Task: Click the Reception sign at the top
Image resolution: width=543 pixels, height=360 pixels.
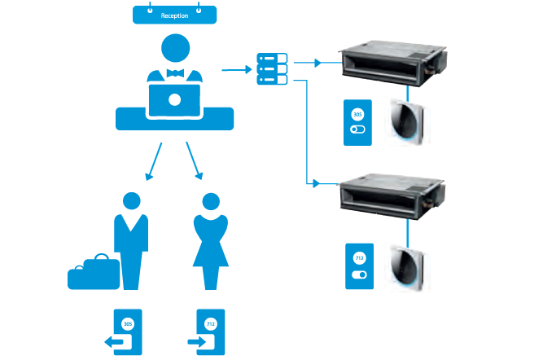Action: [175, 15]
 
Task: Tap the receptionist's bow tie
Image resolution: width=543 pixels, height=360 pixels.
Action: [175, 73]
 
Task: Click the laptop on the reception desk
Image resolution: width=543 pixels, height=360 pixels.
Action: [174, 99]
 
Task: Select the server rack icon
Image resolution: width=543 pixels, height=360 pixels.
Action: [272, 68]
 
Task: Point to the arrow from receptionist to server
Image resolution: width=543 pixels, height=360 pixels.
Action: [235, 70]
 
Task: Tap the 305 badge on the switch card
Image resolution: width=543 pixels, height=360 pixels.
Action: [357, 115]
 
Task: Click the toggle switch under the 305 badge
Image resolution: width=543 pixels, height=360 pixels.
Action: [357, 130]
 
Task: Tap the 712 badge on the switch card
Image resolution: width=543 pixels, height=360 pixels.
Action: [359, 259]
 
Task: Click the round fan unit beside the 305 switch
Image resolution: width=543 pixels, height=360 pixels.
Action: [408, 123]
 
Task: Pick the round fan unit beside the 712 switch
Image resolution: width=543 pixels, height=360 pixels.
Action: [408, 266]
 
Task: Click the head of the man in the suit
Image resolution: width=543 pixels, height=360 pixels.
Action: [131, 201]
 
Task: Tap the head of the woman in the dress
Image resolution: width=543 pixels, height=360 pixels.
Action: [211, 201]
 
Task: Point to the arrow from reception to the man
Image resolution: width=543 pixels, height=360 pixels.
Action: [154, 161]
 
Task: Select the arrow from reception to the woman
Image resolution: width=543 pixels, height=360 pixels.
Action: [193, 161]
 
